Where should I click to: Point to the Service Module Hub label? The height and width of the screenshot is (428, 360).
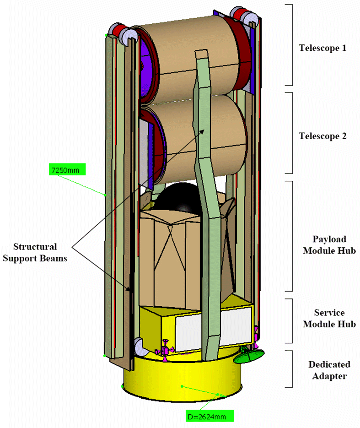point(328,319)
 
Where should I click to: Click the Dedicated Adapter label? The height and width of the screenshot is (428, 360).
point(329,370)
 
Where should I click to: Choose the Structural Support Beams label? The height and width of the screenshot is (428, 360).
point(35,252)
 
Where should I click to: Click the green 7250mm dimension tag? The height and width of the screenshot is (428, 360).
point(67,170)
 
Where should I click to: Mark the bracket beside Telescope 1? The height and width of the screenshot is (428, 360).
point(289,45)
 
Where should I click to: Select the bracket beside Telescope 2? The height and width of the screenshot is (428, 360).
point(289,133)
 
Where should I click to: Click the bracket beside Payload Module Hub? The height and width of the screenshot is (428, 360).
point(289,236)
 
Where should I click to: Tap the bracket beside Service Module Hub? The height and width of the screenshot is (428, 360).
point(289,321)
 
